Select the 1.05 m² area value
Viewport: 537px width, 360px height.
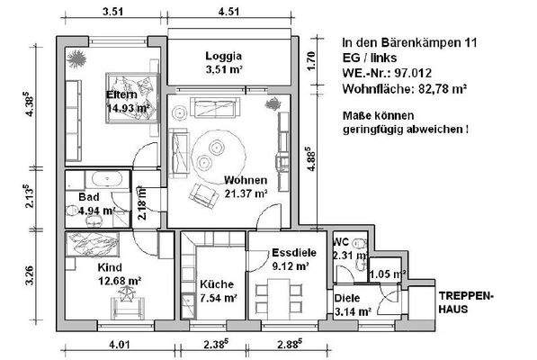(388, 274)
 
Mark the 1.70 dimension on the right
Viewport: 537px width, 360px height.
(311, 62)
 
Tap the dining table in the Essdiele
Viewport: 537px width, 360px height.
(278, 294)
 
